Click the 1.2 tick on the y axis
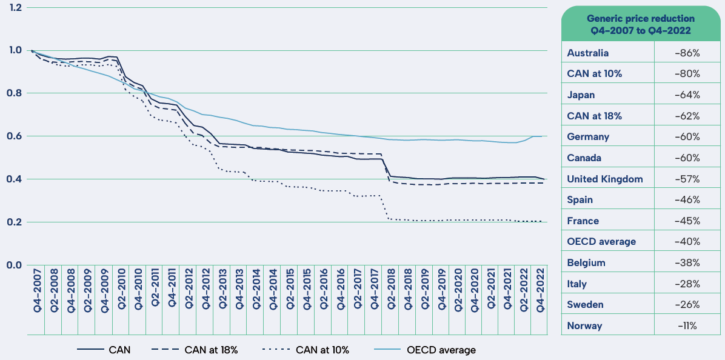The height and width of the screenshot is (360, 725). point(15,7)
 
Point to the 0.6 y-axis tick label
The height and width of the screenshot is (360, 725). point(15,136)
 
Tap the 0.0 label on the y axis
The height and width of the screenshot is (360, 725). point(15,265)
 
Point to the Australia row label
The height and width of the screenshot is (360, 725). point(588,53)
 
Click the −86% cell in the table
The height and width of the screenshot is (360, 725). point(687,53)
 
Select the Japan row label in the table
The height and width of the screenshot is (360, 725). point(581,95)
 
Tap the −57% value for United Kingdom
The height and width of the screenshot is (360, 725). point(687,179)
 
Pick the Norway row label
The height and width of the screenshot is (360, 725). point(584,326)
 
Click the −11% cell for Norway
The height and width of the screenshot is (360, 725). point(687,326)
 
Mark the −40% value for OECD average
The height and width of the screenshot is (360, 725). point(687,242)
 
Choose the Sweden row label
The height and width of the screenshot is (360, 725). point(585,305)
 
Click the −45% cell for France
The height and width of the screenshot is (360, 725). point(687,221)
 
